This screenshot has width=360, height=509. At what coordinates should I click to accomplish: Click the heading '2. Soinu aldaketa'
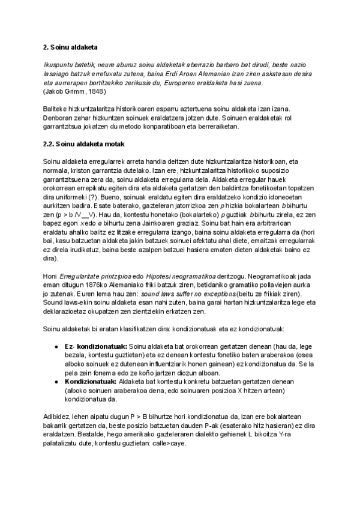tap(71, 47)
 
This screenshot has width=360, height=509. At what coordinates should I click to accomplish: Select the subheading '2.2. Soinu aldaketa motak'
tap(85, 145)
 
